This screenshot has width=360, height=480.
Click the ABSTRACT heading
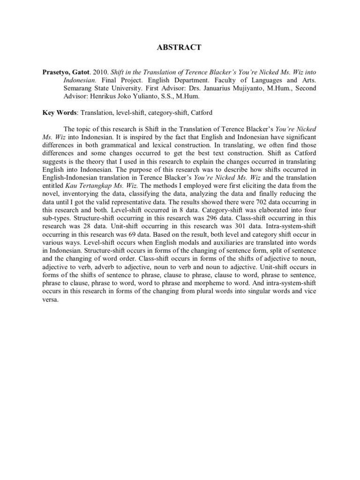click(180, 47)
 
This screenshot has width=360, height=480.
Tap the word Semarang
click(80, 88)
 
